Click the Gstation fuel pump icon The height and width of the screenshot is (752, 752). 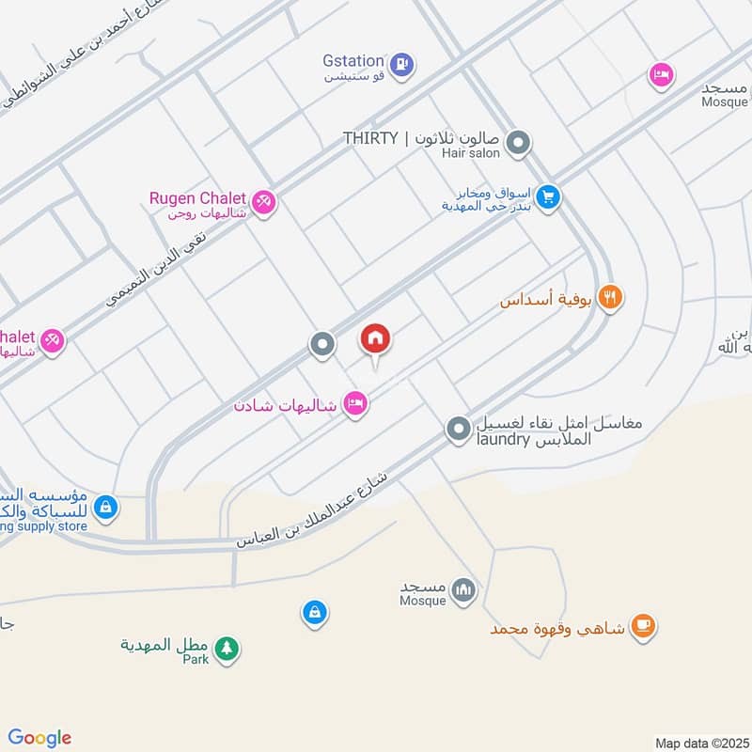coord(402,64)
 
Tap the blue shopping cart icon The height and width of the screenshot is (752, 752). coord(550,197)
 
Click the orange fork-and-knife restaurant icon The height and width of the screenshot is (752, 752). coord(611,298)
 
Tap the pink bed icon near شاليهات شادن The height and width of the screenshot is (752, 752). coord(354,404)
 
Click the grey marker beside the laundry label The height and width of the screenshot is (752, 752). coord(458,429)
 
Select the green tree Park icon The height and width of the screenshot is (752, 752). coord(226,649)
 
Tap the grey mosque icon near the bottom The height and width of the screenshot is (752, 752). coord(463,590)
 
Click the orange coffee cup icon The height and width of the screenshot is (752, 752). coord(643,626)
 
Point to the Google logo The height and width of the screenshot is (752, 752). coord(39,738)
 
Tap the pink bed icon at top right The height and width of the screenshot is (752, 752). coord(662,74)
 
